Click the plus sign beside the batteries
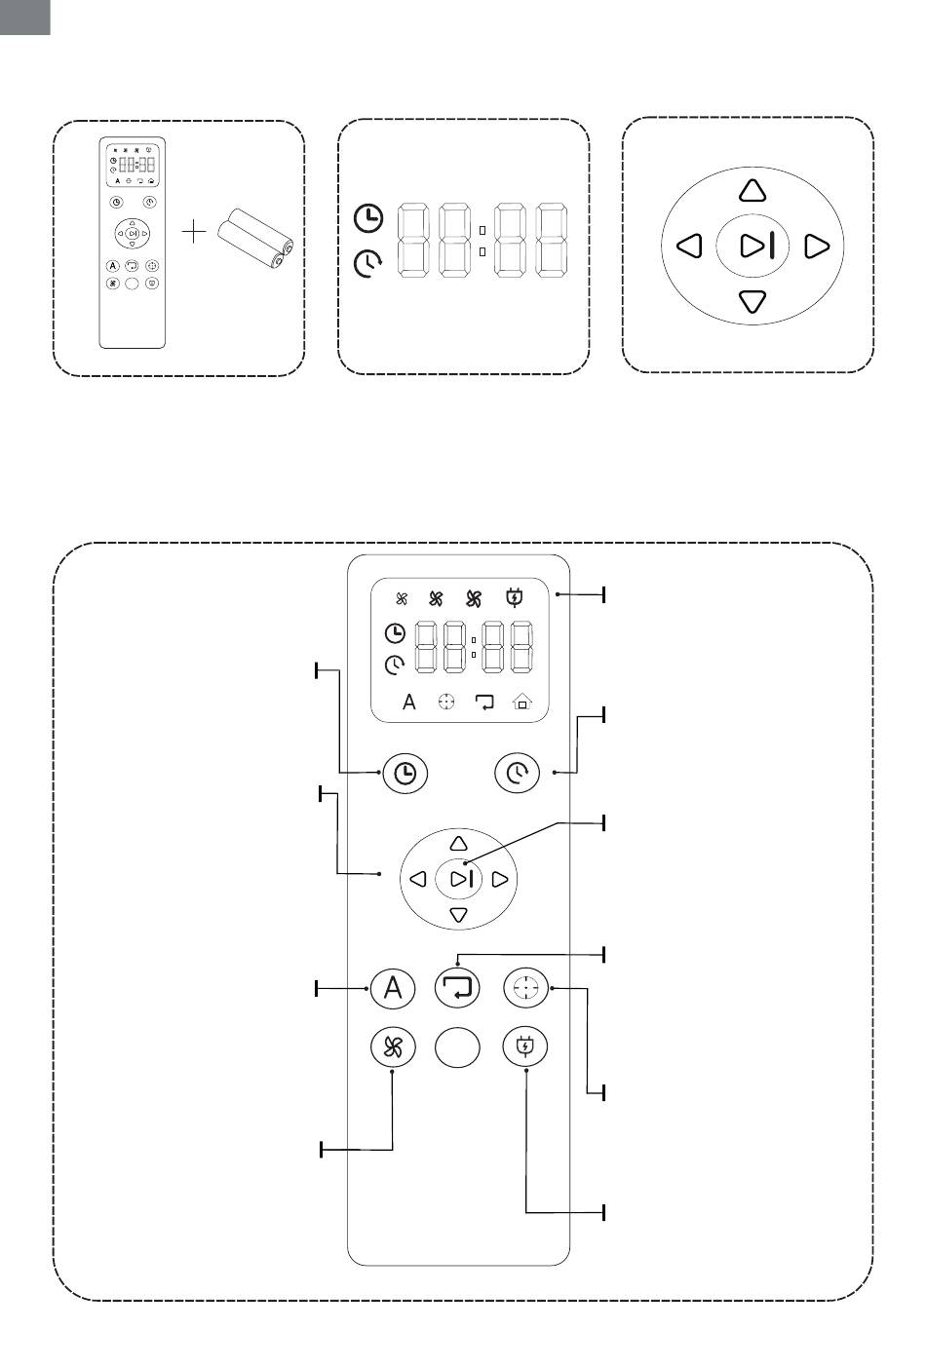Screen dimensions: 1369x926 (195, 233)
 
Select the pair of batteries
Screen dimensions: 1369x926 (255, 238)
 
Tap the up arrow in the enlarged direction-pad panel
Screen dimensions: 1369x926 (752, 190)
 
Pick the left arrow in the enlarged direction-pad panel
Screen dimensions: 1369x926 (689, 246)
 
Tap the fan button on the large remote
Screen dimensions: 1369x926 (393, 1047)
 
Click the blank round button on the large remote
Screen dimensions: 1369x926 (458, 1047)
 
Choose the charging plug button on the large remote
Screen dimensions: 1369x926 (525, 1047)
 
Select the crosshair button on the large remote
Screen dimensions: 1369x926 (525, 988)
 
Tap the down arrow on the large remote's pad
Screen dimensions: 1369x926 (459, 915)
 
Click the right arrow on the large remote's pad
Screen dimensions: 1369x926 (500, 880)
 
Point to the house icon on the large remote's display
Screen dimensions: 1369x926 (522, 702)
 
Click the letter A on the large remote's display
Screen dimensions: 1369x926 (409, 702)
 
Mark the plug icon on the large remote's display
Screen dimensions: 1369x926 (514, 598)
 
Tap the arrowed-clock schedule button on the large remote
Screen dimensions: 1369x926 (518, 774)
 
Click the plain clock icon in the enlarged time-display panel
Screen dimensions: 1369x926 (367, 219)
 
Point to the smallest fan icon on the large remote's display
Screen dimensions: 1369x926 (401, 599)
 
